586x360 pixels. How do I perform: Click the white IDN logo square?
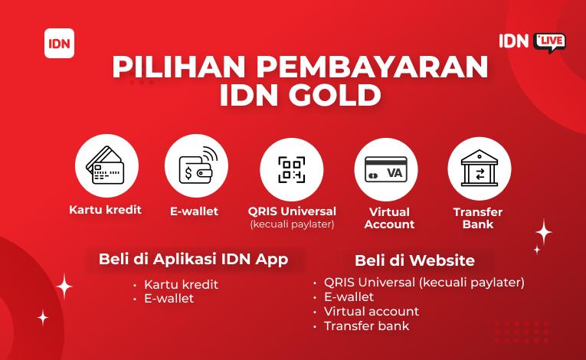pos(60,44)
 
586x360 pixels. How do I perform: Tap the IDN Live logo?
pos(532,42)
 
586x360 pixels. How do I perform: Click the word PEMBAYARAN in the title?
pos(372,67)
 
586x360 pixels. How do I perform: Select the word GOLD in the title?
pos(335,95)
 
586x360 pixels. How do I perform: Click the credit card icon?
pos(106,165)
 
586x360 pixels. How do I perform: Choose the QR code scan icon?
pos(292,170)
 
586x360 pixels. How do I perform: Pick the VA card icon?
pos(386,169)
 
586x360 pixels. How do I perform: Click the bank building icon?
pos(480,169)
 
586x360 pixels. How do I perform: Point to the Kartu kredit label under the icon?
pos(106,210)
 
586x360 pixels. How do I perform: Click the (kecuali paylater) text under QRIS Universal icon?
pos(292,224)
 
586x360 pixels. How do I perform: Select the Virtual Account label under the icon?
pos(389,218)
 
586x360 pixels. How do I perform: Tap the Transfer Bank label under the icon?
pos(478,218)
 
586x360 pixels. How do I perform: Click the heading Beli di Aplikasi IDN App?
pos(193,260)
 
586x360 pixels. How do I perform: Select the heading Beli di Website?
pos(414,260)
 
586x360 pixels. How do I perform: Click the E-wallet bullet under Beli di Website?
pos(349,297)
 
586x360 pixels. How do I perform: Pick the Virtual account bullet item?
pos(371,312)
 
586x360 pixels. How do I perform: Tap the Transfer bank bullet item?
pos(367,326)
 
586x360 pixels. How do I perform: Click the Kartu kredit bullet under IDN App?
pos(181,284)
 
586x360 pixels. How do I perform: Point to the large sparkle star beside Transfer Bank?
pos(543,232)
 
